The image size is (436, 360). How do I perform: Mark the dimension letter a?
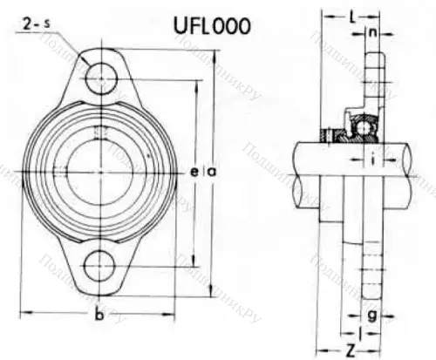pos(210,173)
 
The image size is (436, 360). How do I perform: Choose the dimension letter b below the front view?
pos(99,314)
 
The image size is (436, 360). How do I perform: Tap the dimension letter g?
pos(372,314)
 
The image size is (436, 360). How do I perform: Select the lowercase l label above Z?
pos(361,333)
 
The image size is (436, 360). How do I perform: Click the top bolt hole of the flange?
pos(100,78)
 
